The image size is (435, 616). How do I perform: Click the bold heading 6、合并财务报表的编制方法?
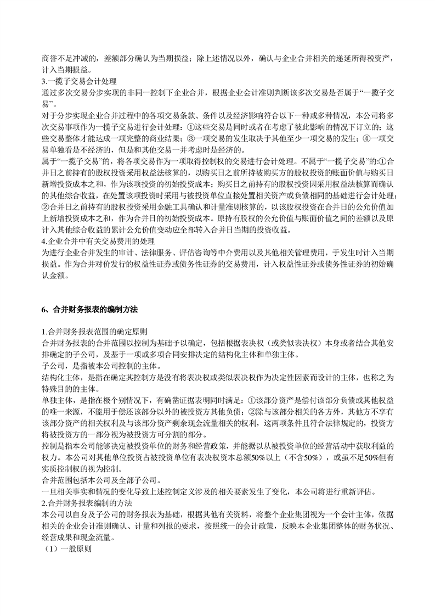pyautogui.click(x=90, y=310)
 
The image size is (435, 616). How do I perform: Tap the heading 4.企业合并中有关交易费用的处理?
pyautogui.click(x=98, y=240)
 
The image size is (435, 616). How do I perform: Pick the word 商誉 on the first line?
pyautogui.click(x=48, y=59)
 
